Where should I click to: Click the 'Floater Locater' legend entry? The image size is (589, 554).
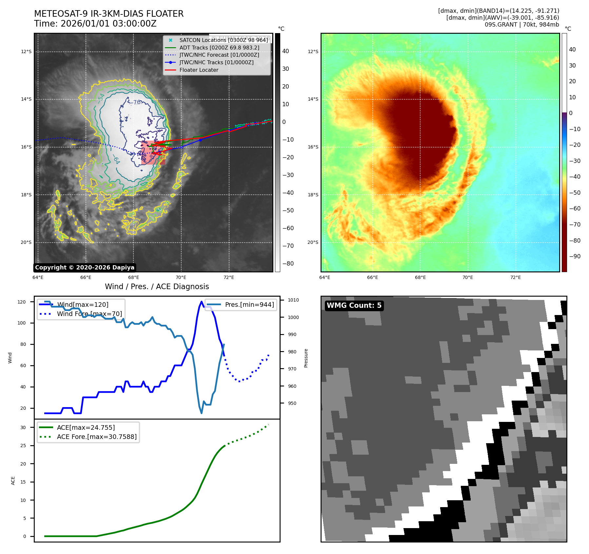pos(199,70)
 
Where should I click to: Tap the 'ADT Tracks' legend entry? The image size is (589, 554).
pos(219,48)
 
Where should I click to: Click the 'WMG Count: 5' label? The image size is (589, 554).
pos(354,306)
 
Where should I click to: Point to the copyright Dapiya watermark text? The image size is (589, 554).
pos(85,267)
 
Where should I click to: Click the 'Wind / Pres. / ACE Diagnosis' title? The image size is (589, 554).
pos(157,287)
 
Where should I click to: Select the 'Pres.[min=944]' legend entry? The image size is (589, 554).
pos(249,305)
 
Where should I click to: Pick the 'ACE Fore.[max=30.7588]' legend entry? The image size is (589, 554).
pos(97,437)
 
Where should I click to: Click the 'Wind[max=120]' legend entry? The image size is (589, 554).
pos(83,305)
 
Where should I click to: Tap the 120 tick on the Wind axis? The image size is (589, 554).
pos(22,302)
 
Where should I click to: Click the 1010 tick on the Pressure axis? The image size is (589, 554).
pos(293,300)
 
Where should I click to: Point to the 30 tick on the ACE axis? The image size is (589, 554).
pos(23,427)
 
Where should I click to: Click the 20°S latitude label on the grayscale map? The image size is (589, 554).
pos(26,243)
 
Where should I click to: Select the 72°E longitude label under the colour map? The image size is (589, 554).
pos(515,277)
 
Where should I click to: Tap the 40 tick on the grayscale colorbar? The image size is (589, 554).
pos(285,51)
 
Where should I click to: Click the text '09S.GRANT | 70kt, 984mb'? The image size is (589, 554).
pos(522,25)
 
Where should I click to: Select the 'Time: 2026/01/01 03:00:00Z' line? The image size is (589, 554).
pos(95,24)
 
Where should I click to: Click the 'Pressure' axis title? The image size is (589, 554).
pos(306,358)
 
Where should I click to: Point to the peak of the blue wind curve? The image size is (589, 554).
pos(201,302)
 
